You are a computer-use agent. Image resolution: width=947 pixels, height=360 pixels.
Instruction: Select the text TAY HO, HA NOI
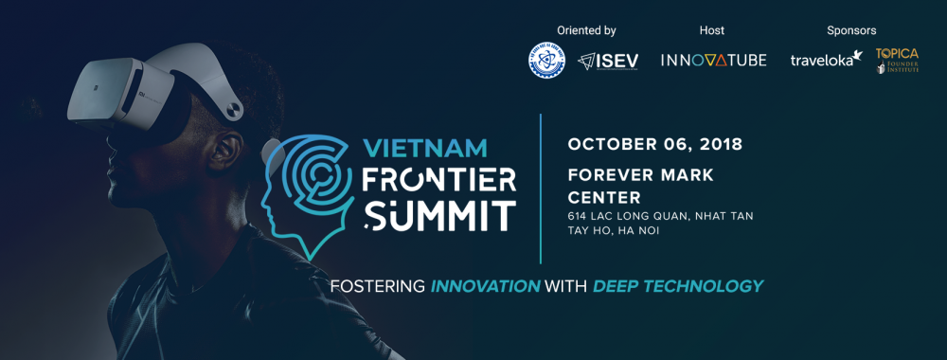click(x=615, y=231)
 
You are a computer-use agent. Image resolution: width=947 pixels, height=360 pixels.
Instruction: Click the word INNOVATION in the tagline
click(x=485, y=285)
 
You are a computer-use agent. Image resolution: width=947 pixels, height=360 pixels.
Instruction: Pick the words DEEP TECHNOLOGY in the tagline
click(x=677, y=285)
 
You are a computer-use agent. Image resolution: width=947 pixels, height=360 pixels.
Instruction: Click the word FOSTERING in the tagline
click(x=376, y=285)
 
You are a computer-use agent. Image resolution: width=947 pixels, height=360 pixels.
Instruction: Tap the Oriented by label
click(x=588, y=30)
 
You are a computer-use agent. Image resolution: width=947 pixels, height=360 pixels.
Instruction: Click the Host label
click(x=711, y=30)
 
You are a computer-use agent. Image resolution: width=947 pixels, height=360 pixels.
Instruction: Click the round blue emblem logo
click(x=546, y=60)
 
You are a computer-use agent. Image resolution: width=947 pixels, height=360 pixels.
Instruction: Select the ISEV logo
click(x=609, y=60)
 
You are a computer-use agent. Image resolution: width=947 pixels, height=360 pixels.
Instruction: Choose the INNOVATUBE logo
click(x=712, y=60)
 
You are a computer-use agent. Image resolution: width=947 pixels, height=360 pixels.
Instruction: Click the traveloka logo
click(x=826, y=59)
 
